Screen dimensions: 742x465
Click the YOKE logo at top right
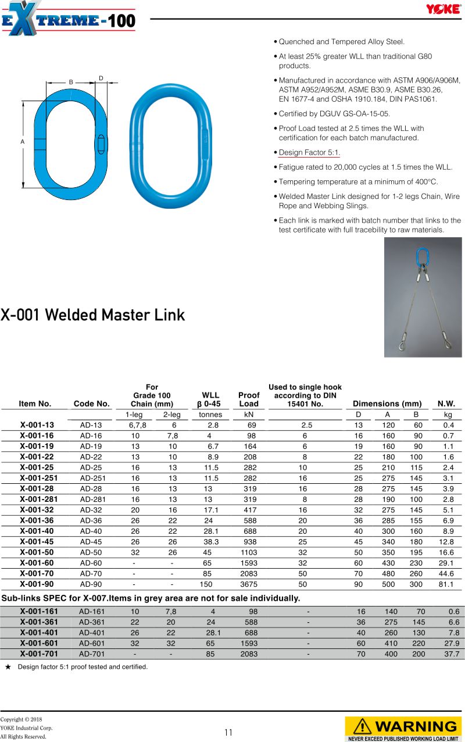[443, 9]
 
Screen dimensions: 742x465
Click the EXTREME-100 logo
[68, 19]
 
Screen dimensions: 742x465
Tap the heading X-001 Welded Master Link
[92, 315]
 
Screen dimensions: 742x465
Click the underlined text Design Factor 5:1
[309, 153]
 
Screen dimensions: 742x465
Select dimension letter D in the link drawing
[101, 78]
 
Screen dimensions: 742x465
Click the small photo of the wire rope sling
[423, 297]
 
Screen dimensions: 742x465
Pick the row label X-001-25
[37, 468]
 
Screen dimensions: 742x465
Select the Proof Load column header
[249, 399]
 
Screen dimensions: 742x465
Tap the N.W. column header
[446, 404]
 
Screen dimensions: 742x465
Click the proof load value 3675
[249, 584]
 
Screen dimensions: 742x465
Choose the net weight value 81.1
[446, 584]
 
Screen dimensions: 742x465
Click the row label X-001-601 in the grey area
[39, 643]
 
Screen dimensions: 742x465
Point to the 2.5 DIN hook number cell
[306, 425]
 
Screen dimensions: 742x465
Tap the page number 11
[228, 732]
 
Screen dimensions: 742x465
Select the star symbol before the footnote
[8, 667]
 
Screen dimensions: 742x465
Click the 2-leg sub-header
[171, 415]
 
